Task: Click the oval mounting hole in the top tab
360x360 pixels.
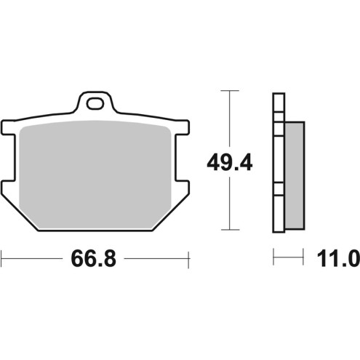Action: pyautogui.click(x=95, y=104)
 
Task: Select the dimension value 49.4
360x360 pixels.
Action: pyautogui.click(x=230, y=161)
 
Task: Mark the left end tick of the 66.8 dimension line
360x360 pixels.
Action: pyautogui.click(x=2, y=257)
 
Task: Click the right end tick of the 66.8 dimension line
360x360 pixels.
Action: pyautogui.click(x=188, y=257)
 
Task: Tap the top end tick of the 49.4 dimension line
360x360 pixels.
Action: pyautogui.click(x=230, y=91)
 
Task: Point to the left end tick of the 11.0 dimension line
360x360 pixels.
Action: pyautogui.click(x=273, y=257)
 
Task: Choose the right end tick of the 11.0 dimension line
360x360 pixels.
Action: pyautogui.click(x=303, y=257)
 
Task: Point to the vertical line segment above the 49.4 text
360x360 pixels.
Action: pyautogui.click(x=230, y=120)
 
